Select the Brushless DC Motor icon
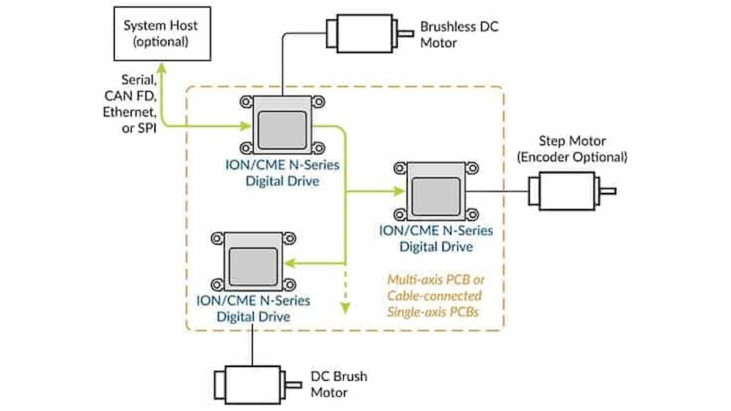362,32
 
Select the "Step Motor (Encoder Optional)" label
572,149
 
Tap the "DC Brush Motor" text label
339,384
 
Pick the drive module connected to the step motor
432,190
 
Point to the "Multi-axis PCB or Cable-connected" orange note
434,288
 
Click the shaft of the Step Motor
608,190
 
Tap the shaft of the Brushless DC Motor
406,32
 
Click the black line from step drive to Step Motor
498,190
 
